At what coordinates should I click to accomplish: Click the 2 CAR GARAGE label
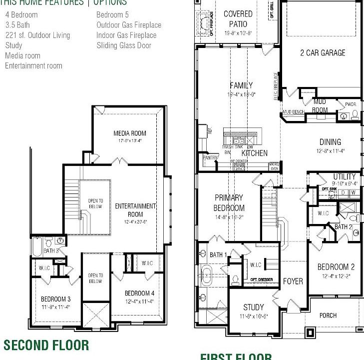click(x=323, y=52)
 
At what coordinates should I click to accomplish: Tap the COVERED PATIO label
click(x=238, y=18)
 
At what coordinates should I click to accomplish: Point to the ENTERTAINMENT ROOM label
click(x=135, y=210)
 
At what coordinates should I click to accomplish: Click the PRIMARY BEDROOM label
click(x=229, y=202)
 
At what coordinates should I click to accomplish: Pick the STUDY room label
click(x=253, y=307)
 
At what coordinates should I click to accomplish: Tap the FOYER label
click(x=293, y=281)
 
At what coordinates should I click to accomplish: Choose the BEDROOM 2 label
click(x=336, y=267)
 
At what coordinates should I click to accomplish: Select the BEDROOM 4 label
click(x=139, y=293)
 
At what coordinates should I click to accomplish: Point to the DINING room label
click(x=330, y=142)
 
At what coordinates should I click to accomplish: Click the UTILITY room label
click(x=345, y=176)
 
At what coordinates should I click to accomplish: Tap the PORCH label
click(x=328, y=315)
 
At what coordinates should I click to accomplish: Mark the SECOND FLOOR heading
click(x=46, y=345)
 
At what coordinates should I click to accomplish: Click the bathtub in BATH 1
click(x=207, y=274)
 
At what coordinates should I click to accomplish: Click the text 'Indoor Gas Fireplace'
click(x=126, y=35)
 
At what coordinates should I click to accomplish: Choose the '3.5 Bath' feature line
click(x=17, y=24)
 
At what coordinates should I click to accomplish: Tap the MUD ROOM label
click(x=320, y=106)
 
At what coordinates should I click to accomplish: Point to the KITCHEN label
click(x=255, y=153)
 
